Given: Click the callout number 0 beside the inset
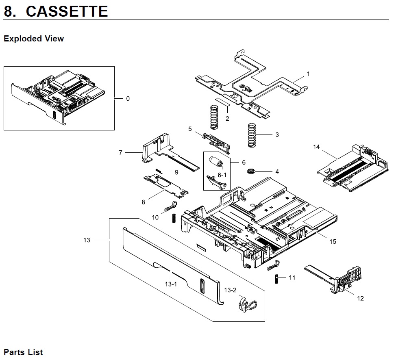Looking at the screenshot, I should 128,99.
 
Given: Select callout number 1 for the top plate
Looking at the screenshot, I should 308,74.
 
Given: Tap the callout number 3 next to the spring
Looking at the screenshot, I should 277,135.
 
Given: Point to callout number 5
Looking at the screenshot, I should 190,129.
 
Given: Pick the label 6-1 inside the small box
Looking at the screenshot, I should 222,175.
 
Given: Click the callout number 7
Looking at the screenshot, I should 121,153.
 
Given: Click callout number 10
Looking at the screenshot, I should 155,217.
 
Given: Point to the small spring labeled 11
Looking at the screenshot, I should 276,279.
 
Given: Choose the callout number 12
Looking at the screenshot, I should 360,299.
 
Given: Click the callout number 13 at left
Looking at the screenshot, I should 87,240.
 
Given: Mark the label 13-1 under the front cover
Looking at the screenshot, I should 171,284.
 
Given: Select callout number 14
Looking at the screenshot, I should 317,147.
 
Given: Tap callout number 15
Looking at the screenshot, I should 333,241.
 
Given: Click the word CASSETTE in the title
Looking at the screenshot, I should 67,11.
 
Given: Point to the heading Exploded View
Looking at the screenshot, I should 34,39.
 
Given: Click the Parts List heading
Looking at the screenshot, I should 23,352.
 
